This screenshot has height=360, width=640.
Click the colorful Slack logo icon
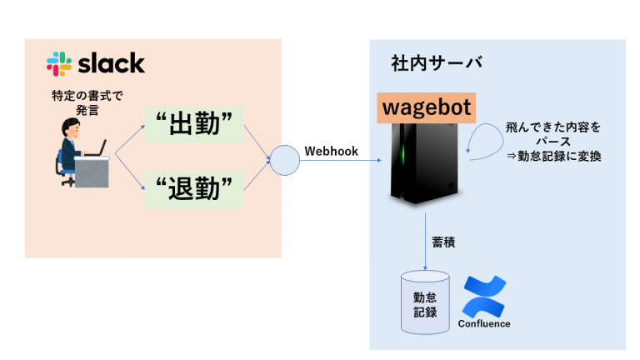pos(59,63)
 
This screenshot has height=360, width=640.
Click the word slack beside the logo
pos(112,63)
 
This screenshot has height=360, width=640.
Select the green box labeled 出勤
pos(194,124)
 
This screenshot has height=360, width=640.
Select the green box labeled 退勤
pos(194,190)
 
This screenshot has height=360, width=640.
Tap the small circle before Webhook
pos(285,160)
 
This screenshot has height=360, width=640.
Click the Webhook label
pos(331,152)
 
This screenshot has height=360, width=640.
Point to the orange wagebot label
pos(426,107)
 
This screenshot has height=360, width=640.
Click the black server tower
pos(424,163)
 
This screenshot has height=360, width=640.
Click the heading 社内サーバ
pos(437,63)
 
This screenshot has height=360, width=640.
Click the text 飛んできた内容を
pos(553,127)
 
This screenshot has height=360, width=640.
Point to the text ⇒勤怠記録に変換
pos(554,156)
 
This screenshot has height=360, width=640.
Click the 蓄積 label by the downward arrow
pos(443,242)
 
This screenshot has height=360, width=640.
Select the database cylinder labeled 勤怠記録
pos(425,302)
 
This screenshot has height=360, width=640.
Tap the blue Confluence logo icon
pos(484,297)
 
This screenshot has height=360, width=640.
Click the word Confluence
pos(484,323)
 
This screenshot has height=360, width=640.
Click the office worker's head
pos(71,127)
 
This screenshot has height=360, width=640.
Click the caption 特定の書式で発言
pos(87,102)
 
